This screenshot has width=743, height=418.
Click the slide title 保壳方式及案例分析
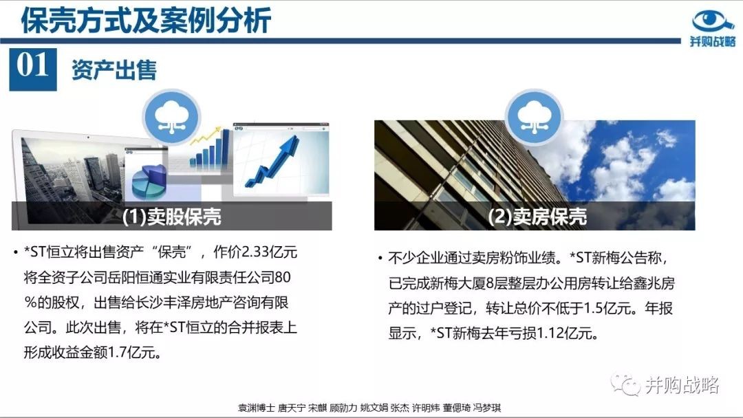pos(146,21)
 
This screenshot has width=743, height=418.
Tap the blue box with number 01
pos(33,69)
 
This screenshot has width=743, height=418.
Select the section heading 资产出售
pos(114,70)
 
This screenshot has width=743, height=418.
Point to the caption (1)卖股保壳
pos(171,217)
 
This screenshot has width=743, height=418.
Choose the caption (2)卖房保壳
pos(537,217)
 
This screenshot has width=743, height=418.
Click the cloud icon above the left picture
pos(171,117)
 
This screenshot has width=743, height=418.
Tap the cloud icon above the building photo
pos(534,117)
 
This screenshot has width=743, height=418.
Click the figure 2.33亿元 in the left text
pos(269,252)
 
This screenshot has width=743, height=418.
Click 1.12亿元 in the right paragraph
pos(564,333)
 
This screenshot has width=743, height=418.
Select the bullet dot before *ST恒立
pos(16,252)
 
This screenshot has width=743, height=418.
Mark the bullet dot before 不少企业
pos(380,258)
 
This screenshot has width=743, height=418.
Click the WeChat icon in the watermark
pos(625,385)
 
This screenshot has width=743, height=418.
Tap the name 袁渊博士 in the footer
pos(256,408)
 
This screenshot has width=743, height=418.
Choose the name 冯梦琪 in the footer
pos(486,408)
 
